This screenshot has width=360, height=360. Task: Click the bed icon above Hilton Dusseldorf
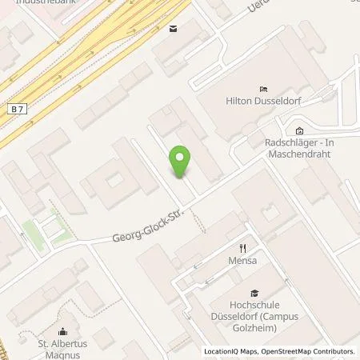(x=262, y=88)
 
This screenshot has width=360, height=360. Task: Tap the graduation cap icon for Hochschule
(x=254, y=294)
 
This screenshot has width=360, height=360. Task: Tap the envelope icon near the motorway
(x=173, y=29)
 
